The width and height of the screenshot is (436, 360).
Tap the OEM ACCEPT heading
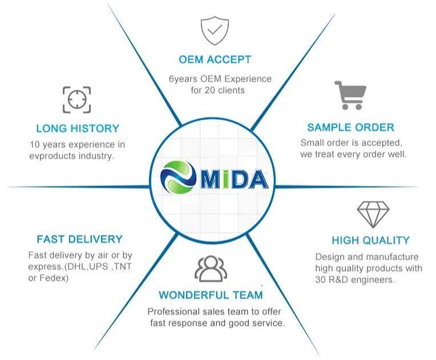pyautogui.click(x=215, y=59)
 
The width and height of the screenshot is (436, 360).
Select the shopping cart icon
pyautogui.click(x=350, y=95)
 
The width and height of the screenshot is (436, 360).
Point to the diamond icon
pyautogui.click(x=373, y=214)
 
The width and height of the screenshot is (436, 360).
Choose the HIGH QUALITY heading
pyautogui.click(x=370, y=241)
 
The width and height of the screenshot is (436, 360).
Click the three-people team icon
pyautogui.click(x=211, y=269)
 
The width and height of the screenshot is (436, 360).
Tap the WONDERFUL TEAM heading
pyautogui.click(x=211, y=296)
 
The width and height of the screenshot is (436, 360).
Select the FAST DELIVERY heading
pyautogui.click(x=79, y=239)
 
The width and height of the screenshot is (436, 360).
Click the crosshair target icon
pyautogui.click(x=76, y=100)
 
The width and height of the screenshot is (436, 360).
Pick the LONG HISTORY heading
pyautogui.click(x=78, y=128)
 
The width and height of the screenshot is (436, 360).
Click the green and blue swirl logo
pyautogui.click(x=179, y=179)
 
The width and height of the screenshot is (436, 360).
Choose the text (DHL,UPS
pyautogui.click(x=86, y=266)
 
